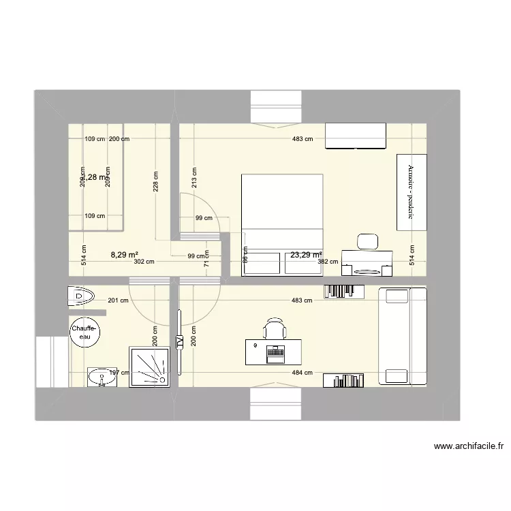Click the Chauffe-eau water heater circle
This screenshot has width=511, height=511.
[84, 333]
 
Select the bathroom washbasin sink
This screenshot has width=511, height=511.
[101, 375]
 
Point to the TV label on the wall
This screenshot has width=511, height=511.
[180, 343]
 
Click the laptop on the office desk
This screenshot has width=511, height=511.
[276, 353]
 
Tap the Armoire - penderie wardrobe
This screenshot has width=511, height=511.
[412, 192]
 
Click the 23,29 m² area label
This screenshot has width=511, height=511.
[306, 255]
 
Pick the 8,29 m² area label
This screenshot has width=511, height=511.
[123, 255]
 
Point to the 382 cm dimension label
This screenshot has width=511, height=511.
[330, 262]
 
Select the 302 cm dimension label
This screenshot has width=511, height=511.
[144, 262]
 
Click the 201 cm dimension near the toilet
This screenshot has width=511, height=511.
[118, 300]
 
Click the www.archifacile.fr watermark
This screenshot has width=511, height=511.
[469, 448]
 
